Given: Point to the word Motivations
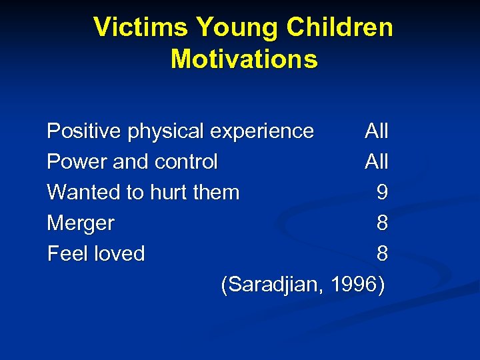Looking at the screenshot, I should point(244,59).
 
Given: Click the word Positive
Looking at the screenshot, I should point(85,131).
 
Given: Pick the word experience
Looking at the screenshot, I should point(262,131).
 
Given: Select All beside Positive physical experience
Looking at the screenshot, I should point(377,131).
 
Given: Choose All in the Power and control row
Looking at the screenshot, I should point(377,162).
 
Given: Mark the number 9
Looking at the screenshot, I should point(382,193).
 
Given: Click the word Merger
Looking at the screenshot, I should point(81,223).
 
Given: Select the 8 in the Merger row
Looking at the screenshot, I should point(382,223).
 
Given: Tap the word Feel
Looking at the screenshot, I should point(69,254).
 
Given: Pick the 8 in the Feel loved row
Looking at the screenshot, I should point(382,254).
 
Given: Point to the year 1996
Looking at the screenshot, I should point(354,285).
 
